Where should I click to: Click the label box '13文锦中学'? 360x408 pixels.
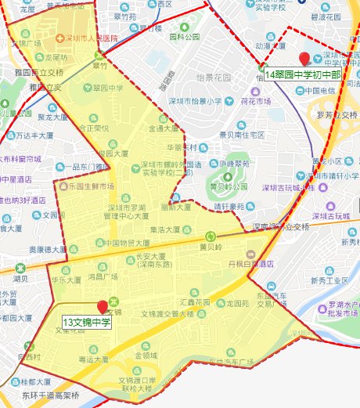[88, 322]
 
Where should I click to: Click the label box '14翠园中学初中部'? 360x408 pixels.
[304, 75]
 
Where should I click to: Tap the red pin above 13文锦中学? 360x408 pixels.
[102, 307]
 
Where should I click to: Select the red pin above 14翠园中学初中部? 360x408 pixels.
[304, 58]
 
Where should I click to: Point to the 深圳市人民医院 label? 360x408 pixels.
[90, 38]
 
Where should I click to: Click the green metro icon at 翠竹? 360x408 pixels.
[99, 55]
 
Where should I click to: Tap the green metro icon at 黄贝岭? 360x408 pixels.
[209, 236]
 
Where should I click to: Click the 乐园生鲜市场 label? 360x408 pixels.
[92, 186]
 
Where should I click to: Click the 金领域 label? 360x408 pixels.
[146, 355]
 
